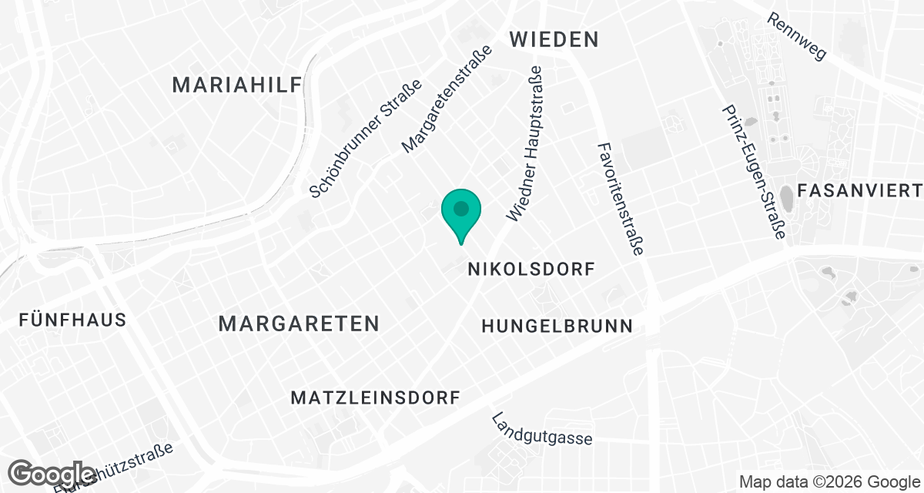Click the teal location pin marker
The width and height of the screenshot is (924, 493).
point(461,215)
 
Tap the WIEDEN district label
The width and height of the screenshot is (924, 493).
point(554,39)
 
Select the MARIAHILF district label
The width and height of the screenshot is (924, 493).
point(236,85)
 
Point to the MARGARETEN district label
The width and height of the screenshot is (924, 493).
point(299,324)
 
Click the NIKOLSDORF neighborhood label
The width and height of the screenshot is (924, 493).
point(532,270)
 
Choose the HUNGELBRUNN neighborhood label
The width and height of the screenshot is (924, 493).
point(557,326)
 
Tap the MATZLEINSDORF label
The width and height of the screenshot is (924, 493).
point(375,397)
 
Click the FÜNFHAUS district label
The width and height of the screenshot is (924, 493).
point(73,320)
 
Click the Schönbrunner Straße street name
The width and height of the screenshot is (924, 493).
point(366,139)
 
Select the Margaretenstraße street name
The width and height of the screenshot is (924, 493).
point(447,100)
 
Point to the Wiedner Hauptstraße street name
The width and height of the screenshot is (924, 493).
point(525,143)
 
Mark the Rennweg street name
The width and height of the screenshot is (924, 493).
point(796,36)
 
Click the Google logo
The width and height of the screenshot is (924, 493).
point(53,474)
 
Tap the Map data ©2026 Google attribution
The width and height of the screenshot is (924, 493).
point(828,482)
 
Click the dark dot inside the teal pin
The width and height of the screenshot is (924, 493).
point(461,208)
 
